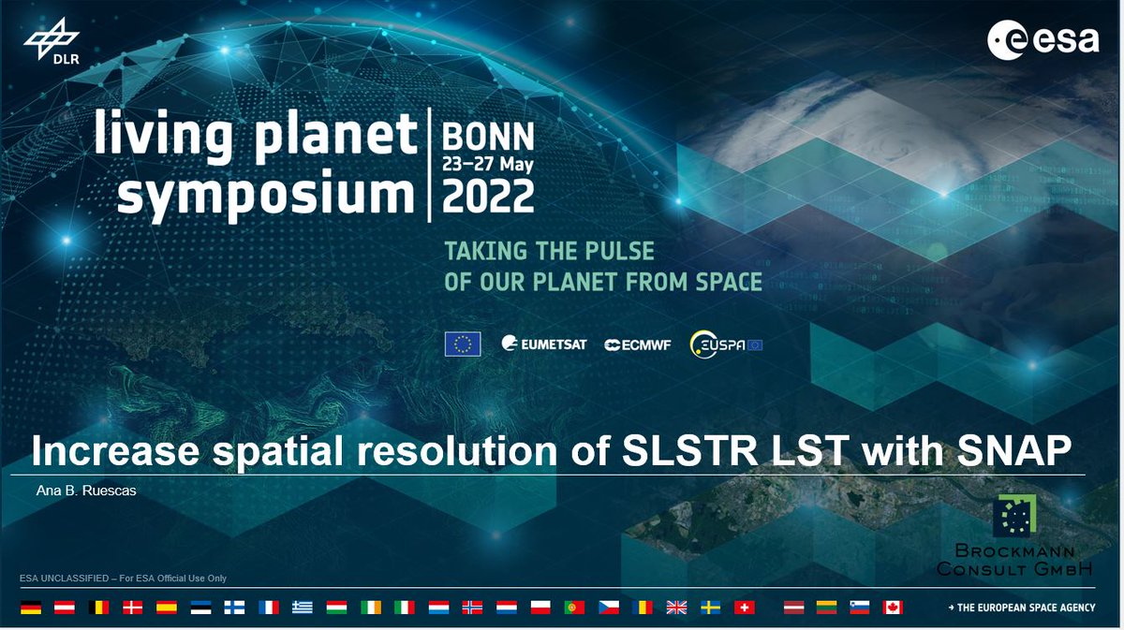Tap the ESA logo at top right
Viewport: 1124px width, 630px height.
coord(1042,40)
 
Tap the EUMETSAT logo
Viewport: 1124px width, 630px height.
coord(544,344)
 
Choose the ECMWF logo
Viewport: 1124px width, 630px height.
coord(641,344)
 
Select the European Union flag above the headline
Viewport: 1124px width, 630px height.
coord(463,344)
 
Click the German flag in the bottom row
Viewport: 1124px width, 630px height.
coord(31,608)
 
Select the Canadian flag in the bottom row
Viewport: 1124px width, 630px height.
coord(892,608)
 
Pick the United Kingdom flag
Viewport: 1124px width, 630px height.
coord(676,608)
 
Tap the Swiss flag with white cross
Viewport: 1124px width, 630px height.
coord(745,608)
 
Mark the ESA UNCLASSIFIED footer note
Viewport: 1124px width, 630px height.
coord(123,579)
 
